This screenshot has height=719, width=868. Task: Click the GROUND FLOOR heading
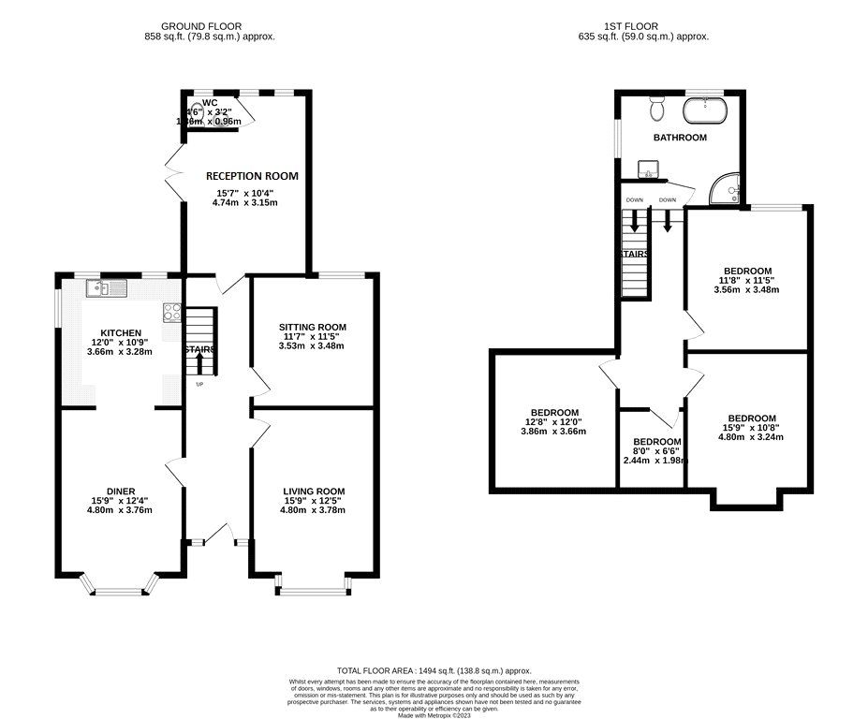tap(200, 25)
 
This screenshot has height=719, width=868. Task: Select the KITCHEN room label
tap(122, 332)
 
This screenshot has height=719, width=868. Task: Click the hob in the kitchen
tap(172, 312)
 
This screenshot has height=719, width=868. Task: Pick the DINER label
tap(121, 491)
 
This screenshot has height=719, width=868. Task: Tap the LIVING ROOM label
tap(314, 491)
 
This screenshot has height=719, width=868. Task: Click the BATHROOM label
tap(680, 138)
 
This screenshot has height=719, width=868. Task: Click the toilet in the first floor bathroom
tap(657, 109)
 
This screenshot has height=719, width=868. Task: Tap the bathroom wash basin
tap(648, 169)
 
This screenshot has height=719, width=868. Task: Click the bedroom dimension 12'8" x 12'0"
tap(554, 422)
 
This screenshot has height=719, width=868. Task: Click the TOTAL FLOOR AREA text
tap(434, 671)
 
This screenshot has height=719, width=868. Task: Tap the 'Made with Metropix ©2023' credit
tap(434, 715)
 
